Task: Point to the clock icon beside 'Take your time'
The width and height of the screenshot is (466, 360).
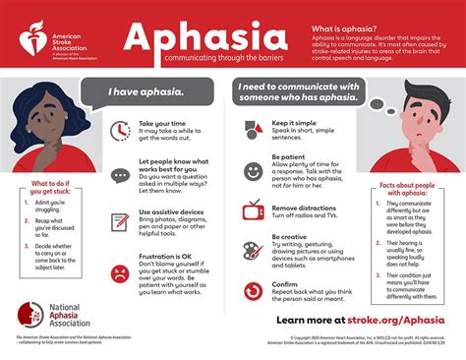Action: click(x=120, y=130)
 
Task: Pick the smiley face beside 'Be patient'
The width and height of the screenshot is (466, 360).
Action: click(x=253, y=170)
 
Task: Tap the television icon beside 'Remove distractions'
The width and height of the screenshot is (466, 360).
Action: click(x=253, y=209)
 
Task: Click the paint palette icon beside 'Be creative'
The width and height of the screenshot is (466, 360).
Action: click(x=253, y=250)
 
